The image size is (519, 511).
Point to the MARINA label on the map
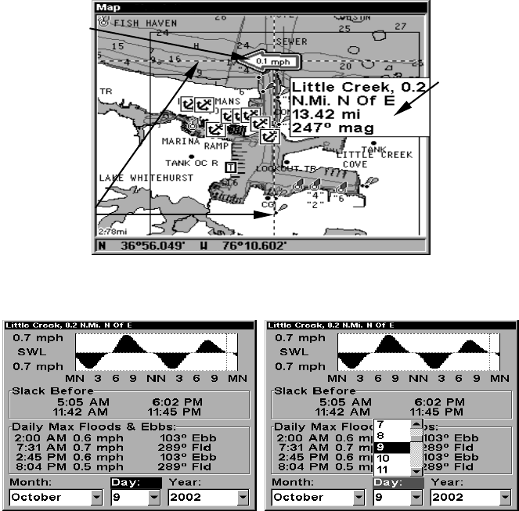182,142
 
